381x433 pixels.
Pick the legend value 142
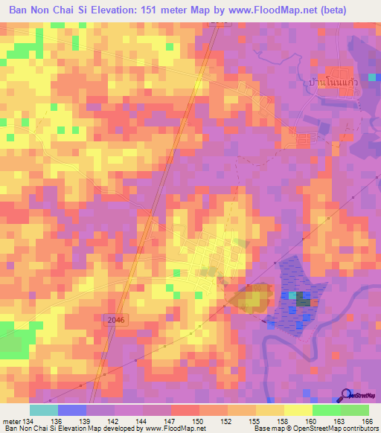(x=113, y=420)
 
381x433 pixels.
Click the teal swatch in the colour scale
(x=43, y=410)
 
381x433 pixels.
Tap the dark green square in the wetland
(x=302, y=299)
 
